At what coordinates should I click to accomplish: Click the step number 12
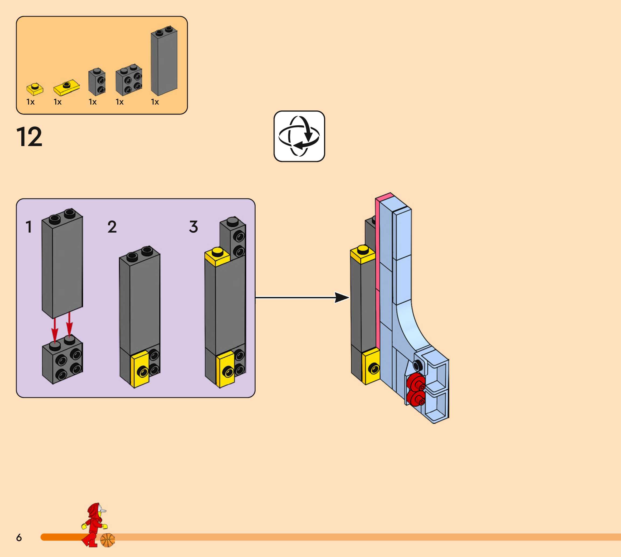pyautogui.click(x=29, y=137)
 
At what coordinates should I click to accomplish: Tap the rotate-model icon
pyautogui.click(x=299, y=136)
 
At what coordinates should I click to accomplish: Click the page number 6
pyautogui.click(x=19, y=537)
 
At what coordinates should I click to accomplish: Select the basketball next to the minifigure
pyautogui.click(x=108, y=540)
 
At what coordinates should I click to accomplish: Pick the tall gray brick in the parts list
pyautogui.click(x=164, y=61)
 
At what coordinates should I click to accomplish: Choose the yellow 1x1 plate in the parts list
pyautogui.click(x=35, y=89)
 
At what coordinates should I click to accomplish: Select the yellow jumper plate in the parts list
pyautogui.click(x=66, y=88)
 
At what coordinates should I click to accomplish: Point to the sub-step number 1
pyautogui.click(x=29, y=227)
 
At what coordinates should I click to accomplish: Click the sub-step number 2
pyautogui.click(x=112, y=227)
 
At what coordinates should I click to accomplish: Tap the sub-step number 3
pyautogui.click(x=194, y=227)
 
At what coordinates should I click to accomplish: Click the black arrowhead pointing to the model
pyautogui.click(x=341, y=297)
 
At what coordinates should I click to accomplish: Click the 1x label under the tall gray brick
pyautogui.click(x=155, y=102)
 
